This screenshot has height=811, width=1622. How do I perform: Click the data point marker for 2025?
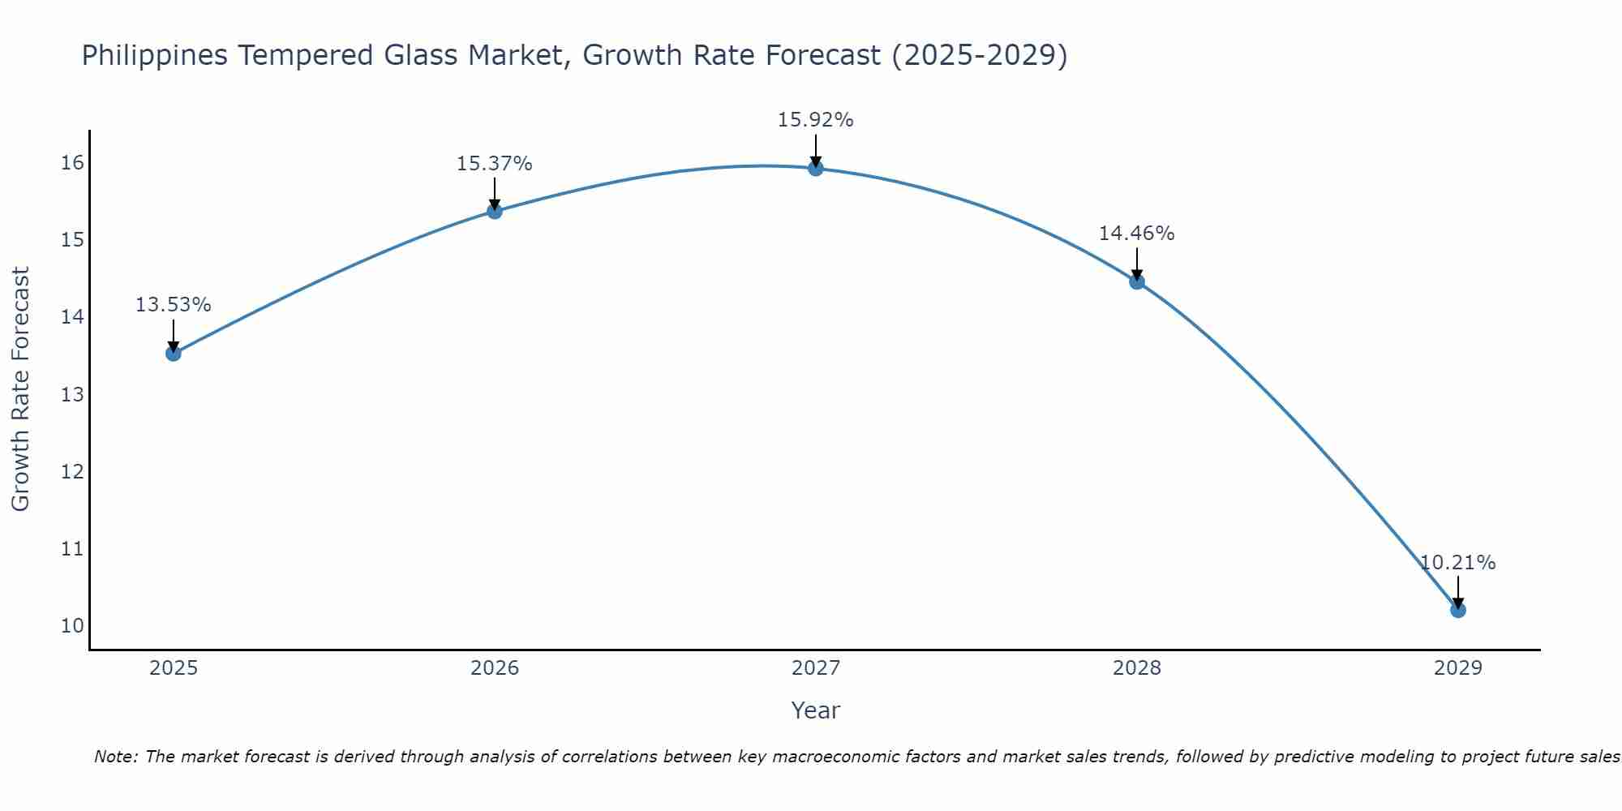(173, 353)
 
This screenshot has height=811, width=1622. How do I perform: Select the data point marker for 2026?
(495, 211)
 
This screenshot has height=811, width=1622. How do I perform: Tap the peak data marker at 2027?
(816, 168)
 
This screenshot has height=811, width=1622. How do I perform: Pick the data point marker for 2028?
(1137, 281)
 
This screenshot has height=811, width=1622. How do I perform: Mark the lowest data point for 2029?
(1457, 609)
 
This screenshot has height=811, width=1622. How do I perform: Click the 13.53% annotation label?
(173, 305)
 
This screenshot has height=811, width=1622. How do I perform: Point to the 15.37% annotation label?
(494, 164)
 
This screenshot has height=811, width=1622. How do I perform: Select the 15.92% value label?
(815, 120)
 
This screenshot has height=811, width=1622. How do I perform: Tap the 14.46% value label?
(1136, 234)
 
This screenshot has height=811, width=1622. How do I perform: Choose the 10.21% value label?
(1457, 563)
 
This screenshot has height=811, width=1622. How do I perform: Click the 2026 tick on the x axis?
(495, 668)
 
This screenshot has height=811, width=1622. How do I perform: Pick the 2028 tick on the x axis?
(1137, 668)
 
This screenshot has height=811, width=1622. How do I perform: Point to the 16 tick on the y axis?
(72, 163)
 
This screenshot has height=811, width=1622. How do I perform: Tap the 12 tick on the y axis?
(72, 471)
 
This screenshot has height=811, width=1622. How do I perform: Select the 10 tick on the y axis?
(72, 625)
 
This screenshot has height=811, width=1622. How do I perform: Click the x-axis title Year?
(815, 710)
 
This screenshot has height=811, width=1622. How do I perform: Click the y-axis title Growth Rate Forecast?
(20, 389)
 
